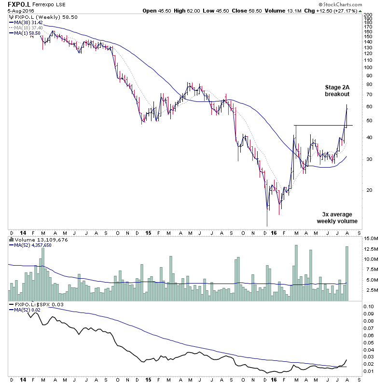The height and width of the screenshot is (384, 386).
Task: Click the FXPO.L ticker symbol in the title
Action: click(16, 4)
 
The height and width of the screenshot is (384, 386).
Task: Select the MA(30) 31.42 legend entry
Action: click(29, 22)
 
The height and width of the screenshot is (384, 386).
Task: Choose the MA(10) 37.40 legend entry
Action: click(29, 28)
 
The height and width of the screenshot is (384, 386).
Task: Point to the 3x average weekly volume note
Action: click(337, 218)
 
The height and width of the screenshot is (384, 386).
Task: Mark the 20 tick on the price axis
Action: click(367, 190)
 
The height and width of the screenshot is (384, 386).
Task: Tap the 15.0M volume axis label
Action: click(371, 238)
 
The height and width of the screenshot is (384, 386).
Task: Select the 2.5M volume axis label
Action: click(369, 290)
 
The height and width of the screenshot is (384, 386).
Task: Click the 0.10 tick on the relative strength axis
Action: click(369, 306)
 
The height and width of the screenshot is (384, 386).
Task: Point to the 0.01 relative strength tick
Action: click(369, 371)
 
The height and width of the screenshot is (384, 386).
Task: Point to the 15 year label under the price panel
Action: click(149, 232)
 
